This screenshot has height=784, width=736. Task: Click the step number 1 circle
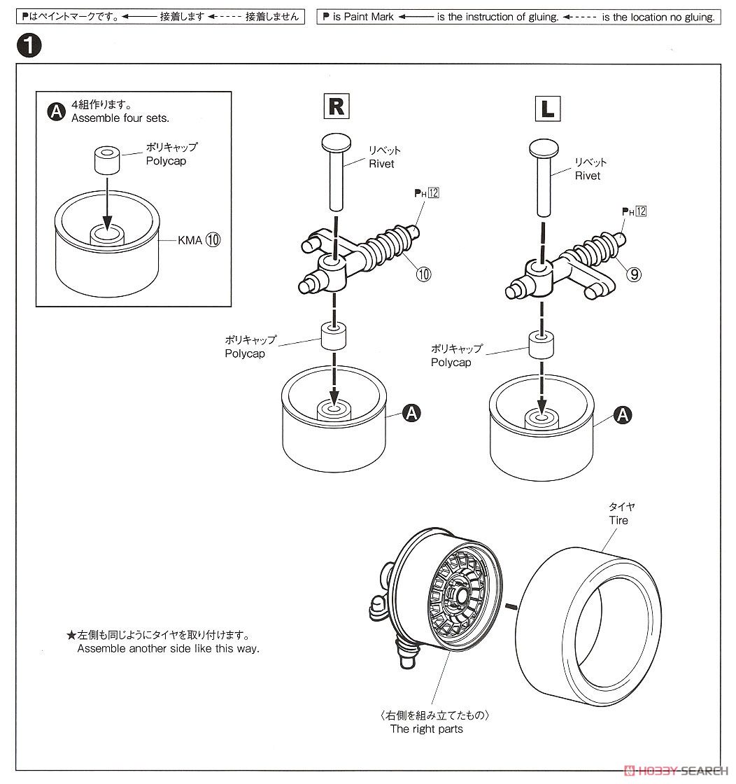(27, 48)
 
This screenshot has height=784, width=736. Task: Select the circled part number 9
(633, 274)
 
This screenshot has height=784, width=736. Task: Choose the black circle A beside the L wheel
(622, 415)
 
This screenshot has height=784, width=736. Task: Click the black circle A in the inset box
(57, 112)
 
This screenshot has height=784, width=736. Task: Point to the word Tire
(618, 520)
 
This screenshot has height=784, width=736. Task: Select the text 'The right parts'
(426, 729)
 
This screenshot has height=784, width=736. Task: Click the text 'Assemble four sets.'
(120, 118)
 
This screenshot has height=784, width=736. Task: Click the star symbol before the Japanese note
(71, 636)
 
